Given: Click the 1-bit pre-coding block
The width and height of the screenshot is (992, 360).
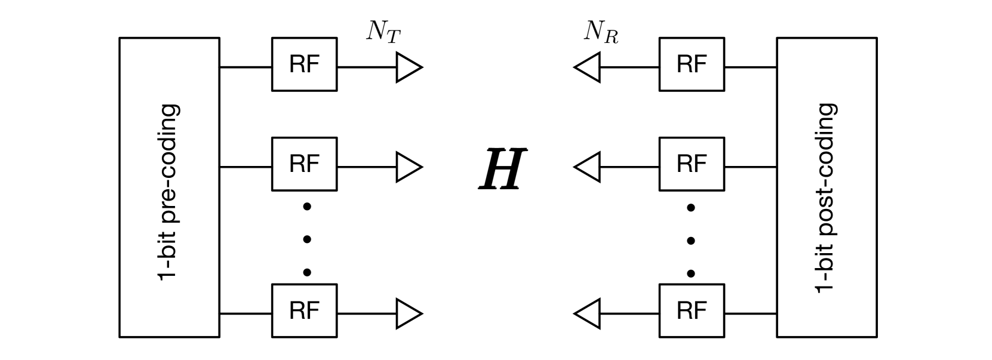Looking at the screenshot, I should click(169, 187).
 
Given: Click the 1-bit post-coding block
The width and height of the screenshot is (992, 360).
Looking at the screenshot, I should click(827, 187).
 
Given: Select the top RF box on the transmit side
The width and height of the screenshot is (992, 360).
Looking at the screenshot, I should click(304, 64).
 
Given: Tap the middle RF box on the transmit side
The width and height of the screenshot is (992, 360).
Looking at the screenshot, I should click(304, 164).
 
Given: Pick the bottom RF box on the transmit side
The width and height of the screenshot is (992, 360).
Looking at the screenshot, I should click(304, 310).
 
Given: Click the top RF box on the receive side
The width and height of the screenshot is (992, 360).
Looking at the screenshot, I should click(691, 64).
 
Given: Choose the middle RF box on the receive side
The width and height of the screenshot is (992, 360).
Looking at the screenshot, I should click(691, 164).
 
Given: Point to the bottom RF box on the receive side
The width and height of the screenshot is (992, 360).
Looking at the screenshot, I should click(691, 310).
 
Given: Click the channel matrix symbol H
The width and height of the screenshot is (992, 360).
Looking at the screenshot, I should click(502, 170).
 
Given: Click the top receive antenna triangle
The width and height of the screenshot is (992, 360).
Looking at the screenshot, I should click(588, 67).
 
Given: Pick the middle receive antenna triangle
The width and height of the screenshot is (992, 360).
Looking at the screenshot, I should click(588, 167).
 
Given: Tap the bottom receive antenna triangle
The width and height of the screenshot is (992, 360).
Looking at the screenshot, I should click(588, 313).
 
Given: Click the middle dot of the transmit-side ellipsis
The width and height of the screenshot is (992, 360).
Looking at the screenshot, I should click(307, 239).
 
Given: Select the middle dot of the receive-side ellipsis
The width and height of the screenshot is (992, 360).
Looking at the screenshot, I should click(691, 241).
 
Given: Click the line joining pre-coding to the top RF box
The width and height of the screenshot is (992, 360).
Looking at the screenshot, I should click(245, 67).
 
